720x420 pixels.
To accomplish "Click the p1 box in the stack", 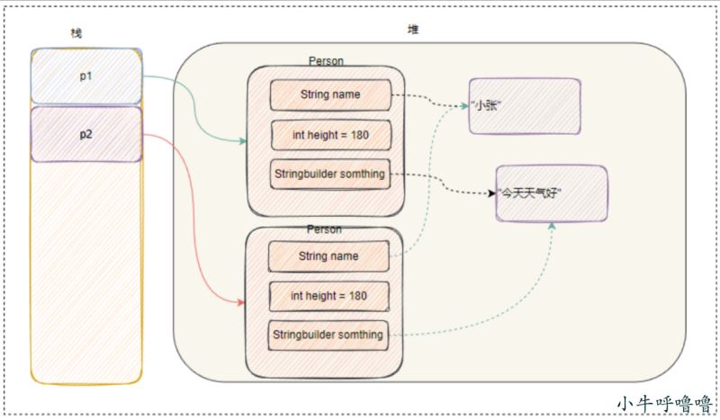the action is [x=86, y=76].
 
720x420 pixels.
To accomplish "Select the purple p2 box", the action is [x=86, y=134].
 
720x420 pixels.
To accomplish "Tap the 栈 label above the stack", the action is [x=76, y=33].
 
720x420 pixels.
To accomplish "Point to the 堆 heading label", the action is [x=413, y=30].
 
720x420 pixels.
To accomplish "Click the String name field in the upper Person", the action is [x=330, y=95].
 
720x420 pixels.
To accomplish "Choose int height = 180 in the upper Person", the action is [x=331, y=135].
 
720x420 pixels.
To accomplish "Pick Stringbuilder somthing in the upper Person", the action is [x=330, y=174].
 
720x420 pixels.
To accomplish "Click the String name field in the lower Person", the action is [x=328, y=256].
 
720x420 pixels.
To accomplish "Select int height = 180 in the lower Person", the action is [x=329, y=296].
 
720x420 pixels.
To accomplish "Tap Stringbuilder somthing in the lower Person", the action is [x=328, y=335].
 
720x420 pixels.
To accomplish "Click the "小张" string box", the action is [x=525, y=106].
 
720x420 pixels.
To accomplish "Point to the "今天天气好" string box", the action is [x=552, y=193].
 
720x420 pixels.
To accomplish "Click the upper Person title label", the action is [x=326, y=61].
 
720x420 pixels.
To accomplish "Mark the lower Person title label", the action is [x=324, y=229].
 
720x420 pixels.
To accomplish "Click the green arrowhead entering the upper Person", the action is [x=243, y=141].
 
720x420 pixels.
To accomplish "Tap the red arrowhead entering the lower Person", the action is [x=241, y=302].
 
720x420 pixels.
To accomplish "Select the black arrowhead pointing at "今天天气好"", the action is [x=491, y=193].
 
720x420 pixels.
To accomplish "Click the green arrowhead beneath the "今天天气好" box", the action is [x=552, y=226].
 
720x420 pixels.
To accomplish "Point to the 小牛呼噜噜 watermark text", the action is [x=664, y=404].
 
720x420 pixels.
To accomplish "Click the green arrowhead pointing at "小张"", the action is [x=464, y=105].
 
